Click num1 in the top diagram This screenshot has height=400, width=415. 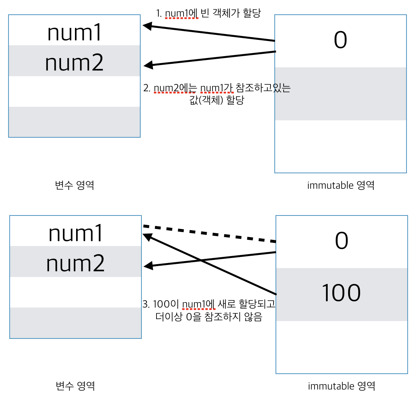(x=74, y=33)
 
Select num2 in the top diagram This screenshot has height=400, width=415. (x=74, y=63)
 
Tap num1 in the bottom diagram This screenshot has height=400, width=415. (x=75, y=234)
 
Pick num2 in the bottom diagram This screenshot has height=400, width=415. (x=75, y=263)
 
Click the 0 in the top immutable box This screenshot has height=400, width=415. (x=340, y=41)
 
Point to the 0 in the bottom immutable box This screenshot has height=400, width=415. (x=342, y=241)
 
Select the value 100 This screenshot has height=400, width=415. (x=341, y=293)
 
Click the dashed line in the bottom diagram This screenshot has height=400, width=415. (x=209, y=234)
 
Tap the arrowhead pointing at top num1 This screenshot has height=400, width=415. (x=147, y=26)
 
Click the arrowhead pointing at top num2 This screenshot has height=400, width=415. (x=148, y=65)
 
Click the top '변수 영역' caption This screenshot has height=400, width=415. (x=75, y=185)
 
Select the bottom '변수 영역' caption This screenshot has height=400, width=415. (x=75, y=386)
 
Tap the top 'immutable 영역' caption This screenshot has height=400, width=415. (x=341, y=185)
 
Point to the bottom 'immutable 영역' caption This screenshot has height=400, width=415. (x=342, y=386)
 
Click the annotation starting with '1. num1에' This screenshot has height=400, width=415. (x=209, y=14)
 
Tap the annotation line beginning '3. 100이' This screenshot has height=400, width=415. (x=209, y=304)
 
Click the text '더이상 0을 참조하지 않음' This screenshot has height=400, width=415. (x=209, y=318)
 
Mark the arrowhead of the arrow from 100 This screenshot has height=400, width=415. (x=148, y=236)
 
